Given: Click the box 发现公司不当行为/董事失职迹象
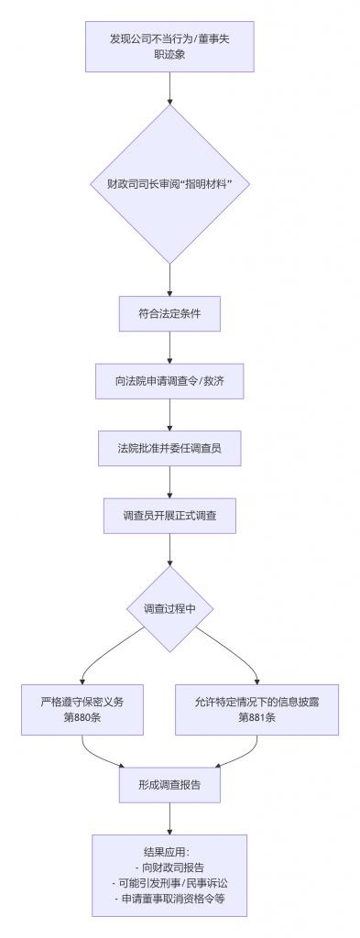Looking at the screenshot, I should click(x=169, y=46).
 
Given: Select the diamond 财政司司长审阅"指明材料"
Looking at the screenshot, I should click(x=169, y=184).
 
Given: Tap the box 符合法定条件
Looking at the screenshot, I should click(x=169, y=313).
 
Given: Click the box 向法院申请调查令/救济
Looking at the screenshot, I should click(x=169, y=381).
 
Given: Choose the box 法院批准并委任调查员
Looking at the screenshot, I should click(x=169, y=449).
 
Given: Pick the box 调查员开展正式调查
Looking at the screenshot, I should click(x=169, y=517).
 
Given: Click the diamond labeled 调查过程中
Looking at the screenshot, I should click(x=169, y=609).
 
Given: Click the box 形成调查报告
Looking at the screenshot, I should click(x=169, y=785).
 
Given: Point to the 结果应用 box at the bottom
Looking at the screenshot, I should click(x=169, y=875).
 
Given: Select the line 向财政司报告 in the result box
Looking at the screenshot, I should click(x=169, y=867).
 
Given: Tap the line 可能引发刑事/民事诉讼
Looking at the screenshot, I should click(x=169, y=883).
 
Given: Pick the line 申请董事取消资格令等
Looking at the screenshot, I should click(x=169, y=900).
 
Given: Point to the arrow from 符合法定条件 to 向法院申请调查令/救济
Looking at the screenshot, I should click(x=169, y=347).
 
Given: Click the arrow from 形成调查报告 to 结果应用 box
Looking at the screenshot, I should click(x=169, y=818).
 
